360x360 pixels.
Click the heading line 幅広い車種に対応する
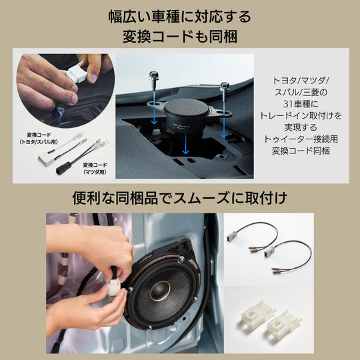pos(180,15)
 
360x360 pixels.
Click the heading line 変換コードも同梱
pos(180,37)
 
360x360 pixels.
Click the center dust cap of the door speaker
pos(159,291)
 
